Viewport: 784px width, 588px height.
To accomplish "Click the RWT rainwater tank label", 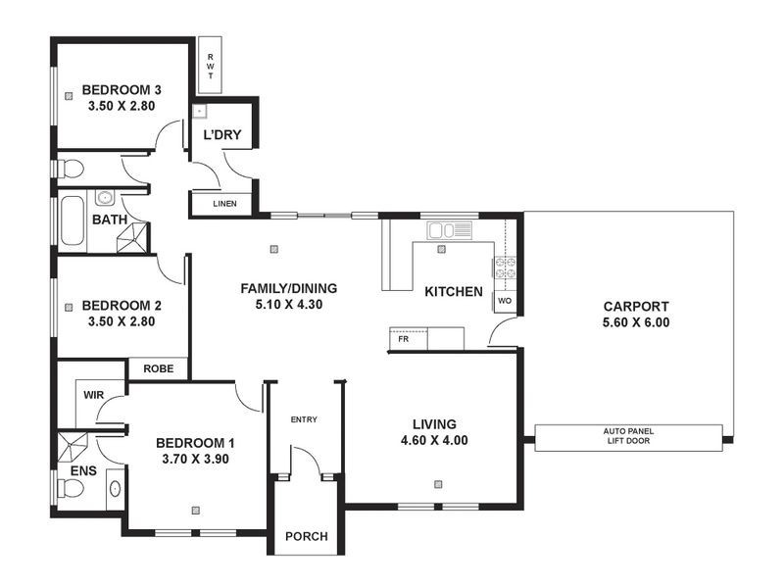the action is click(x=211, y=67).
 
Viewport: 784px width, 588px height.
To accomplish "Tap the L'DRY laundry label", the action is click(x=222, y=134).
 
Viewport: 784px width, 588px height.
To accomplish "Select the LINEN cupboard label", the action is click(x=224, y=204).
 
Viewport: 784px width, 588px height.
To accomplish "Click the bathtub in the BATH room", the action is click(x=73, y=220).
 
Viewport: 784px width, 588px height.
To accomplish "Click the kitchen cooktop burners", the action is click(x=505, y=268).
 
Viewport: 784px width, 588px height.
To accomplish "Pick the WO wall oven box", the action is click(x=505, y=301).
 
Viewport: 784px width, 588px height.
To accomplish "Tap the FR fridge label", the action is click(x=404, y=339).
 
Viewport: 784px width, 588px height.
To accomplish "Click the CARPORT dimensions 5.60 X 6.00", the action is click(x=636, y=322).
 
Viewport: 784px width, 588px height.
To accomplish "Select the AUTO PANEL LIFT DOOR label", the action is click(x=628, y=436).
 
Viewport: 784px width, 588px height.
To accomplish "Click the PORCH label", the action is click(x=307, y=536).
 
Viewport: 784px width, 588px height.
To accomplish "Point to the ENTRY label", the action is click(x=304, y=419).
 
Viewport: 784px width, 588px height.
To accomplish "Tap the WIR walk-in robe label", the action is click(x=93, y=395).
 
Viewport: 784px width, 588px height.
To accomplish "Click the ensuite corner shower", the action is click(x=73, y=447).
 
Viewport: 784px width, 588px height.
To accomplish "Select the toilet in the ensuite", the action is click(x=70, y=488).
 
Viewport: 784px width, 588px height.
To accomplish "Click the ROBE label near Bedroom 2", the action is click(x=159, y=369).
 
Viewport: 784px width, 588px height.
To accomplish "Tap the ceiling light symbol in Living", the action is click(x=438, y=484).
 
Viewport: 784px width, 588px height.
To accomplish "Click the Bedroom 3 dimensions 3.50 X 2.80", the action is click(x=122, y=106).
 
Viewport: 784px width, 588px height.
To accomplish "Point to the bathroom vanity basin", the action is click(x=105, y=198).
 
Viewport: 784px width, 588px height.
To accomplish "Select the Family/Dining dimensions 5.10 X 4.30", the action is click(x=289, y=305).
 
